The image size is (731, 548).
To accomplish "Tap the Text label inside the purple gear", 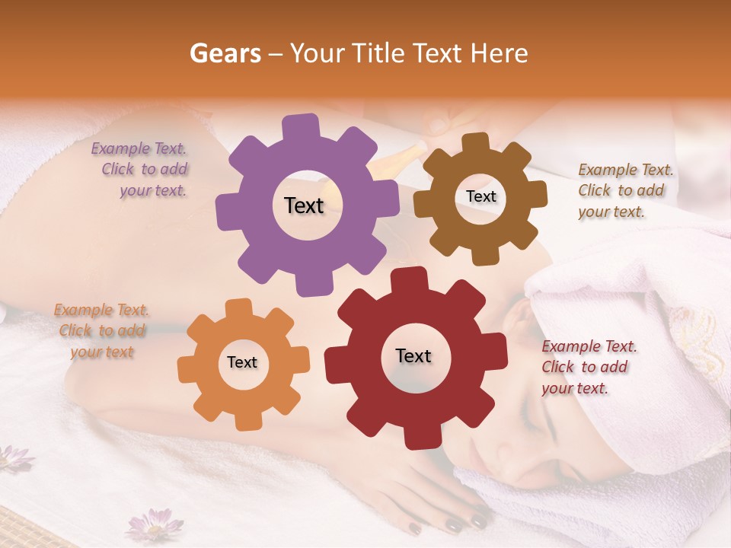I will [x=304, y=205].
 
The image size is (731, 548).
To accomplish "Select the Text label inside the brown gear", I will [x=480, y=196].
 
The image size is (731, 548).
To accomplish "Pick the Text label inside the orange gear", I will [x=242, y=362].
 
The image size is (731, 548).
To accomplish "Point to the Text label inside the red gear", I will [x=413, y=355].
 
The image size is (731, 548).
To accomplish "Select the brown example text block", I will [x=624, y=190].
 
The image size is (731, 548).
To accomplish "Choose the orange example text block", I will [x=101, y=331].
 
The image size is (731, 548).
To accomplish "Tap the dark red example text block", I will [x=589, y=367].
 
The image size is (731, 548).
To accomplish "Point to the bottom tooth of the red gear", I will [x=416, y=438].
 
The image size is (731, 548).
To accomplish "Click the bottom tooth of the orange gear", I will [x=245, y=421].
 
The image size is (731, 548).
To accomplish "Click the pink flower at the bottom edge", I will [x=155, y=524].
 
